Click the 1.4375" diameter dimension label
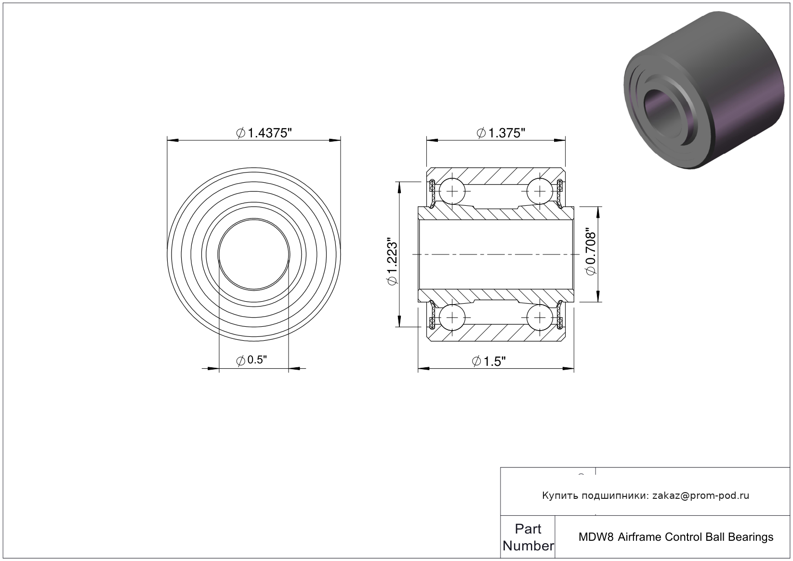pos(264,133)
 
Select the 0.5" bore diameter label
pos(251,360)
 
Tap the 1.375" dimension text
pos(501,133)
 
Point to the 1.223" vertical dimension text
pos(393,261)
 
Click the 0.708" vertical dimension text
pos(591,254)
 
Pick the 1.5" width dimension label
pos(489,361)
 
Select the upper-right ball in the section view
pos(540,191)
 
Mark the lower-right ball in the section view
pos(540,317)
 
